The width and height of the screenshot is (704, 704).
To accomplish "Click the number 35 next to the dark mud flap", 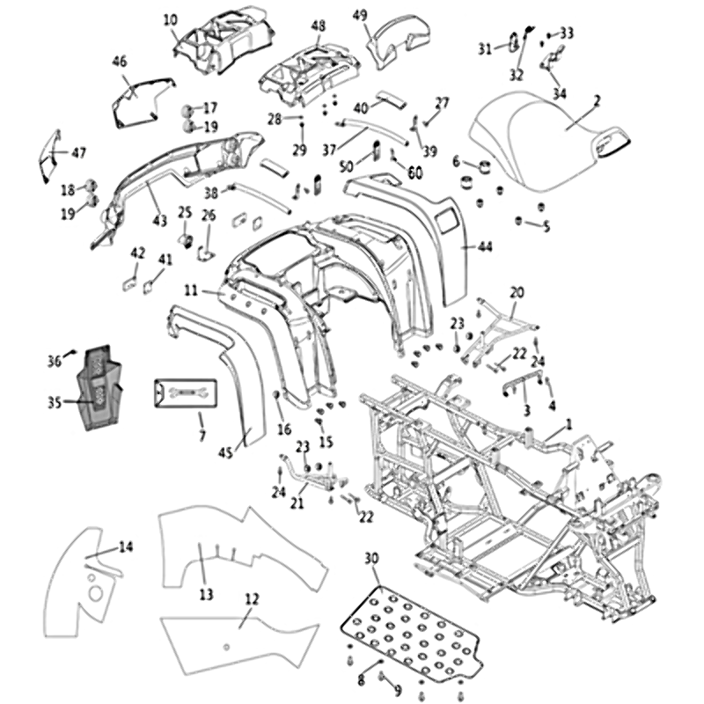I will pos(55,403).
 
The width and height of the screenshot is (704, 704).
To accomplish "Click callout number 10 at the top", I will pos(170,18).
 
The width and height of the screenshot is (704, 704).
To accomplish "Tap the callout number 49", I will pos(360,15).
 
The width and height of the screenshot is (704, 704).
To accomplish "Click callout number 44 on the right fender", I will pos(485,247).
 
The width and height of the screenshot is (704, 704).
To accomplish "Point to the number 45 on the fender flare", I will pos(226,452).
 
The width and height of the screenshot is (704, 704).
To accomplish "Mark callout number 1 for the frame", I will pos(568,423).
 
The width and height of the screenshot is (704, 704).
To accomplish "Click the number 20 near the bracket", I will pos(517,291).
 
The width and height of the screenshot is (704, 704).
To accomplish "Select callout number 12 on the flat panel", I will pos(252,599).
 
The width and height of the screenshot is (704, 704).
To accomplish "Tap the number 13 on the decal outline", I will pos(206,595).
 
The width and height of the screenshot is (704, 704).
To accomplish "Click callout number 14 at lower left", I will pos(126,547).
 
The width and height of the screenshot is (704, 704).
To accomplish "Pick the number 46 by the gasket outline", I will pos(120,61).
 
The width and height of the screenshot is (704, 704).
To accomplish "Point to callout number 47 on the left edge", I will pos(79,153).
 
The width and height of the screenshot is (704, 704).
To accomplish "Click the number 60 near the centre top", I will pos(414,172).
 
